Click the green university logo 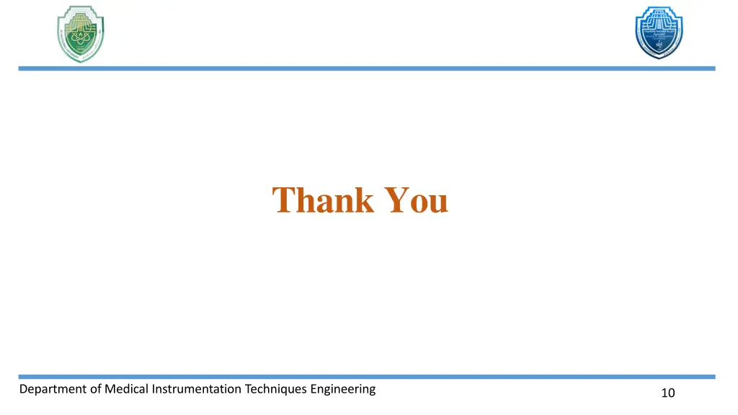[x=81, y=33]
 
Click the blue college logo [x=658, y=32]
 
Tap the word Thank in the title [x=324, y=200]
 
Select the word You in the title [x=417, y=200]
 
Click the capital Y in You [x=396, y=200]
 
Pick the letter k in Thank [x=363, y=200]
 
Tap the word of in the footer [x=94, y=389]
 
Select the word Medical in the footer [x=127, y=389]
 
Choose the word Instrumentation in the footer [x=197, y=389]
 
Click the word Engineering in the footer [x=343, y=390]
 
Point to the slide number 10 [x=667, y=393]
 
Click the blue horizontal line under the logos [x=367, y=68]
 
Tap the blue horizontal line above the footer [x=367, y=376]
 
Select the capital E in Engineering [x=314, y=389]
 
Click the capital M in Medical [x=110, y=389]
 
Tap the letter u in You [x=437, y=202]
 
